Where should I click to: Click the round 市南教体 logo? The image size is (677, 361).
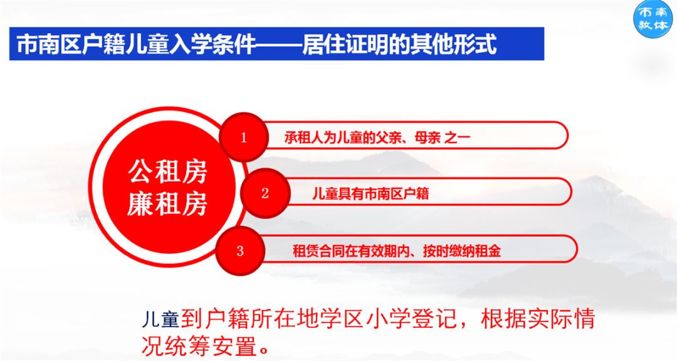(x=653, y=19)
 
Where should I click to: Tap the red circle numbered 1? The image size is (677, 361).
(x=244, y=137)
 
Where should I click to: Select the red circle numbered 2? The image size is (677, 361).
(x=265, y=193)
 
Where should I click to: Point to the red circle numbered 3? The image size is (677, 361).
(x=241, y=251)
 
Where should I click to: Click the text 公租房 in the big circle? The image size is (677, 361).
(x=167, y=171)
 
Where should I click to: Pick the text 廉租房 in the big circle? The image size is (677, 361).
(x=167, y=203)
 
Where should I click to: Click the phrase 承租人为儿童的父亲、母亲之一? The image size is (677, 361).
(x=377, y=137)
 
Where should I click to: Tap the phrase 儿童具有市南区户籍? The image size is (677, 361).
(x=370, y=193)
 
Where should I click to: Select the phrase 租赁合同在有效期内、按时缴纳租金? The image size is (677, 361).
(x=397, y=251)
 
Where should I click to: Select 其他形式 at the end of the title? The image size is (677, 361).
(x=453, y=45)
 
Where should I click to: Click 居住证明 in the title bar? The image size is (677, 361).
(x=345, y=45)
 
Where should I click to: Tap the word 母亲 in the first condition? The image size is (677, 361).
(x=428, y=137)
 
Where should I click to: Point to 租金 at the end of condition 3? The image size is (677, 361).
(x=488, y=251)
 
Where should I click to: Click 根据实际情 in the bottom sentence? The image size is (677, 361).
(x=538, y=320)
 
